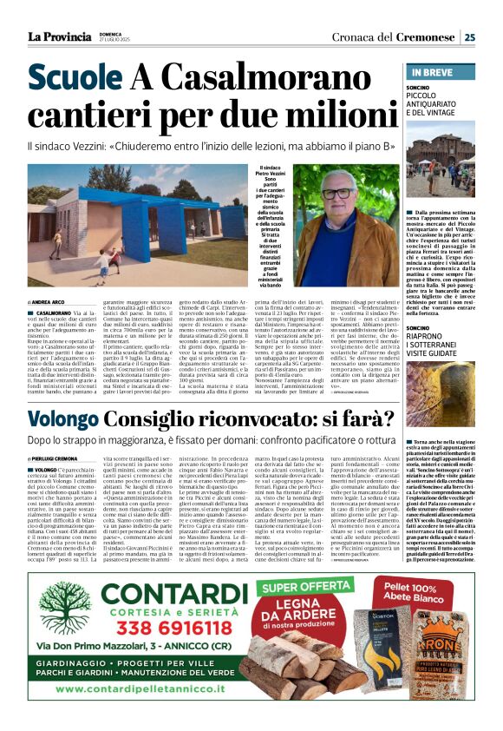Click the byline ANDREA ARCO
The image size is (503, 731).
[49, 301]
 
